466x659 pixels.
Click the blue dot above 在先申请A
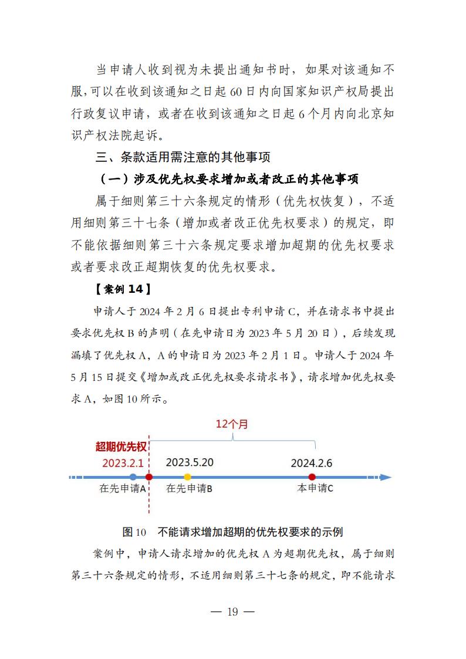[x=133, y=477]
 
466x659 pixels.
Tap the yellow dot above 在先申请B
[x=187, y=477]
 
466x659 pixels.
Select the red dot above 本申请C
[x=312, y=477]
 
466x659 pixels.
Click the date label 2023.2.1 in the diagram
[x=123, y=462]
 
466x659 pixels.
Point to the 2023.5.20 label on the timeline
[x=190, y=462]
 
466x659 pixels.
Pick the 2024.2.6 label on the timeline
[x=311, y=463]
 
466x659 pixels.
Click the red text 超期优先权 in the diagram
[x=121, y=447]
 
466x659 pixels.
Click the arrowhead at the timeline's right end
[x=386, y=477]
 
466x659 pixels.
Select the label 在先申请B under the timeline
[x=190, y=488]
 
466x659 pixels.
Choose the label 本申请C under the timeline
[x=315, y=488]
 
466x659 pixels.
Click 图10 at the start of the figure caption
[x=134, y=532]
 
